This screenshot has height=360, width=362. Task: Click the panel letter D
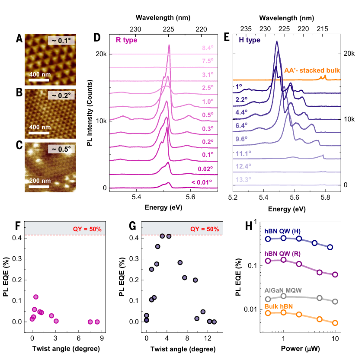pyautogui.click(x=97, y=38)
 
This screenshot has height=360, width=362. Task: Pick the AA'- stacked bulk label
pyautogui.click(x=312, y=70)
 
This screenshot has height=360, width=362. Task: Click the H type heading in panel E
pyautogui.click(x=250, y=40)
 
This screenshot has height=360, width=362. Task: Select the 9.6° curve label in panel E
pyautogui.click(x=243, y=139)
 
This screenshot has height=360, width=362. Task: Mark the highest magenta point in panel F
pyautogui.click(x=36, y=297)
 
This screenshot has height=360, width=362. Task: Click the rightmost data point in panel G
pyautogui.click(x=214, y=322)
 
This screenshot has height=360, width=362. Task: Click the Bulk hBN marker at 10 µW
pyautogui.click(x=335, y=323)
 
